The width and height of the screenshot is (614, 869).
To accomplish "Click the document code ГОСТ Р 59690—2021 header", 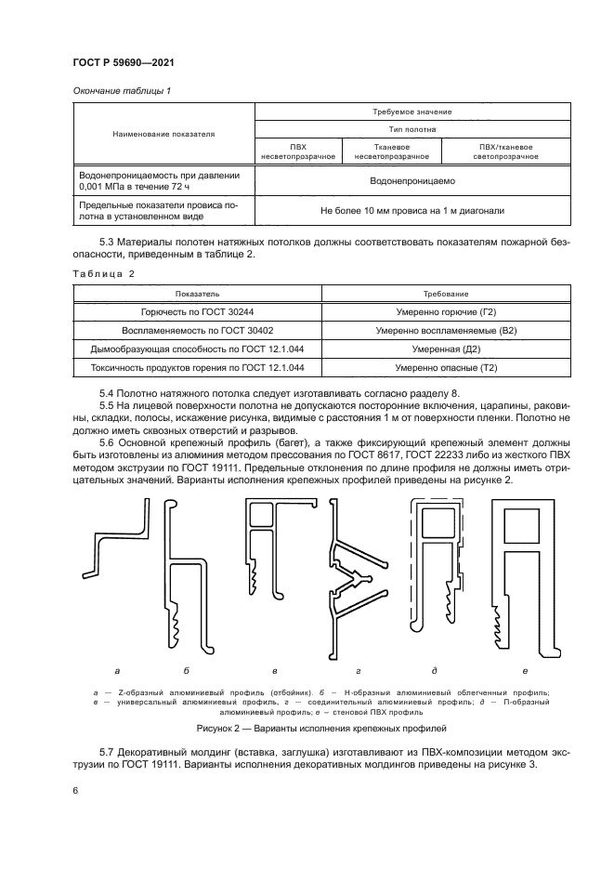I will (123, 62).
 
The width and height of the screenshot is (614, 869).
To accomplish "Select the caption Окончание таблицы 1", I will (119, 90).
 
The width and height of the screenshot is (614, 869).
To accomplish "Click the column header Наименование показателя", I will (163, 134).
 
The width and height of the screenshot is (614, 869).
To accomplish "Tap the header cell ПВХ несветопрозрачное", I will (298, 151).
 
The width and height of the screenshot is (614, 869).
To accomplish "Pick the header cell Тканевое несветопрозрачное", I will (391, 151).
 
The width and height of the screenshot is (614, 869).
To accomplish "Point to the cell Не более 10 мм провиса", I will (412, 211).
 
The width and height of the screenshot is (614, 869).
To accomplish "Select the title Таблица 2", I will (104, 273).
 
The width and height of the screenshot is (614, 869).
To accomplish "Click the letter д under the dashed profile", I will (435, 669).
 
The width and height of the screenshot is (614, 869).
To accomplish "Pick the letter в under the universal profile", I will (275, 669).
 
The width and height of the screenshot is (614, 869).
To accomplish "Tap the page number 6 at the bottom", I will (75, 789).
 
